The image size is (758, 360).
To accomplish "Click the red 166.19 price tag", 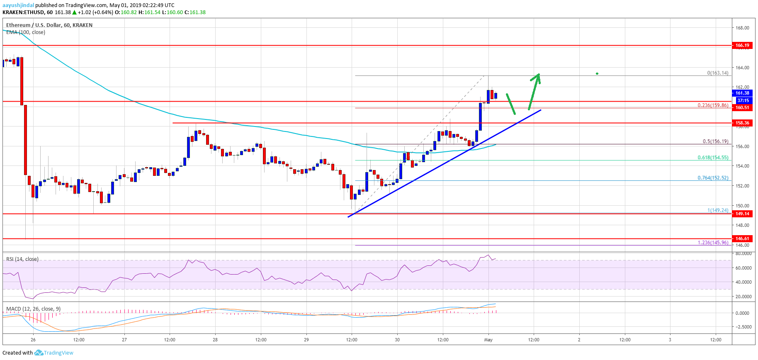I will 742,45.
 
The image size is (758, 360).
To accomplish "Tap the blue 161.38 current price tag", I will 742,93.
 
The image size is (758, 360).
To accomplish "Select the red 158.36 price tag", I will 742,123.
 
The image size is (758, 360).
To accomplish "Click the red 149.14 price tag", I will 742,214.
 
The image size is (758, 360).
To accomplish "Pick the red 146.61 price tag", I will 742,238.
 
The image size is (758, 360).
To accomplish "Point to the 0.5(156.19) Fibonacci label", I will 715,141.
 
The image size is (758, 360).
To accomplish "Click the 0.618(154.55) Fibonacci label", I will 713,158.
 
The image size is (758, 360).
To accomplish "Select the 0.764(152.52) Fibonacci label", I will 713,178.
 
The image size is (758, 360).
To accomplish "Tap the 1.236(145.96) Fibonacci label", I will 713,243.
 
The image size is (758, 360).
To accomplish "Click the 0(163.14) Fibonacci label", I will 717,73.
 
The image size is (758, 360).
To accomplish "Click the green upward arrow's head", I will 538,75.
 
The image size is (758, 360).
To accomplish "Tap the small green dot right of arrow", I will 597,73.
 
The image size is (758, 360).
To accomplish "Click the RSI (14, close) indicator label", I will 22,259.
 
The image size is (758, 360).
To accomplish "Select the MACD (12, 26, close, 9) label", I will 33,309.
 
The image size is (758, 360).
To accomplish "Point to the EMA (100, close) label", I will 26,32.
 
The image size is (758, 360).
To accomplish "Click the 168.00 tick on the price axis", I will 742,28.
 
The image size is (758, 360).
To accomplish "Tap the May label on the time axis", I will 488,340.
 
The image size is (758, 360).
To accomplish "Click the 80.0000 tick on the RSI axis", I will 743,253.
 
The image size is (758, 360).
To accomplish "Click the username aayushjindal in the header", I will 18,5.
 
